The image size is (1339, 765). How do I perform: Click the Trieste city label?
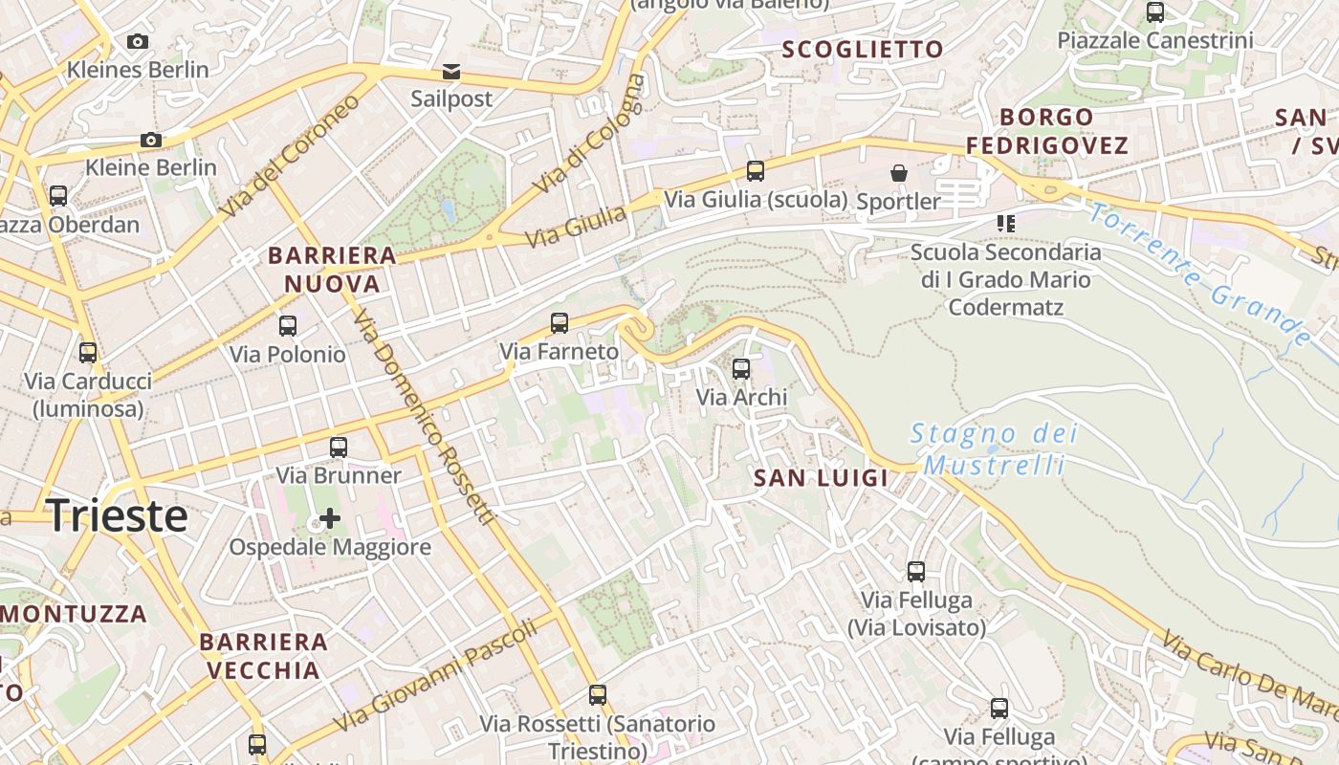click(x=117, y=516)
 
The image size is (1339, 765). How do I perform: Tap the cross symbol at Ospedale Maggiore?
click(x=330, y=519)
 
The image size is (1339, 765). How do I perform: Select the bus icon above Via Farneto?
click(x=560, y=323)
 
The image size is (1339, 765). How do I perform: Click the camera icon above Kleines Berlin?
click(x=138, y=42)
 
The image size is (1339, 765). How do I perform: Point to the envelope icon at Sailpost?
click(x=450, y=72)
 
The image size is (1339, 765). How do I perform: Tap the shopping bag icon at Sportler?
click(x=899, y=173)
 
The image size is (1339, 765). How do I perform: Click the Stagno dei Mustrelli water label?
click(x=995, y=449)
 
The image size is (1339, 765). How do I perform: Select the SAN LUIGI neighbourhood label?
click(x=822, y=478)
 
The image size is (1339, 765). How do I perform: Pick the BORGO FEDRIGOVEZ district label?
click(x=1046, y=131)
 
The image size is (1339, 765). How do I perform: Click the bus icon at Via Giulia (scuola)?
click(x=756, y=171)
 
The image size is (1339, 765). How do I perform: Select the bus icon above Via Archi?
click(x=741, y=369)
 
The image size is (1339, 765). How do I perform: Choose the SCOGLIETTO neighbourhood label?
click(x=863, y=50)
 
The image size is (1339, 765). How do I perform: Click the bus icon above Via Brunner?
click(x=339, y=448)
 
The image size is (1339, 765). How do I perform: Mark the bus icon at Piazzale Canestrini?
click(x=1155, y=12)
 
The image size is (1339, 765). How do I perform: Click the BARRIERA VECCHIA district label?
click(x=264, y=655)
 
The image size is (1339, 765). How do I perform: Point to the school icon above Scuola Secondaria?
click(x=1005, y=224)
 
